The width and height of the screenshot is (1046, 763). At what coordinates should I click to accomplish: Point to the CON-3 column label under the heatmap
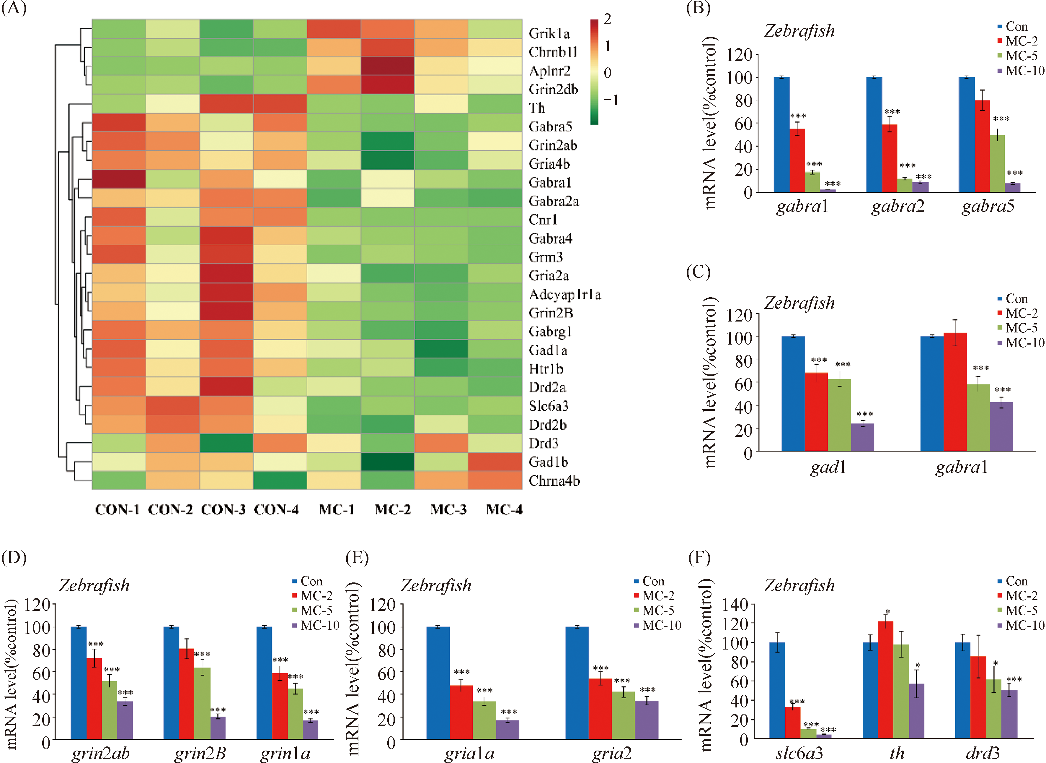click(x=223, y=510)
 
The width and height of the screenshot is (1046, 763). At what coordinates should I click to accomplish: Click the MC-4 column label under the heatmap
click(x=504, y=510)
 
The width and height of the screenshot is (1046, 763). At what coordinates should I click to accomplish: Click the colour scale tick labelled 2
click(x=607, y=20)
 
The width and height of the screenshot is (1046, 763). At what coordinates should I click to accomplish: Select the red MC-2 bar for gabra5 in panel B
click(x=982, y=146)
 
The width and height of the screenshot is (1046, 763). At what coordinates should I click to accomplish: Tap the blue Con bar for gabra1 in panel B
click(x=781, y=134)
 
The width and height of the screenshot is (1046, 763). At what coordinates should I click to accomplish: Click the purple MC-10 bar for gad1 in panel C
click(x=862, y=437)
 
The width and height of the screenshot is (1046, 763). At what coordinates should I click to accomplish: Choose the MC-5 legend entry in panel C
click(x=1021, y=328)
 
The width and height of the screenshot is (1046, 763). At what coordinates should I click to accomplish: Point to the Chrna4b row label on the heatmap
click(x=554, y=481)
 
